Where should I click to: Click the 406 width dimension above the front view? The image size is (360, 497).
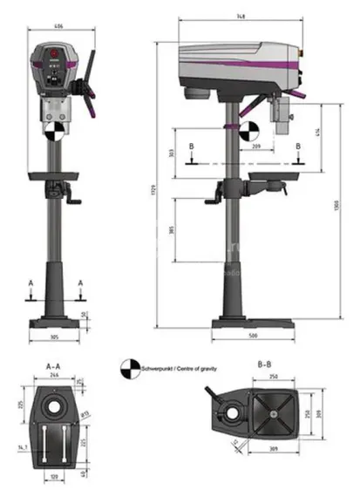[58, 27]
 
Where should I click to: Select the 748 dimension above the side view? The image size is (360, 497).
[238, 17]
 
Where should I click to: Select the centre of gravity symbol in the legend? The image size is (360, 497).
[130, 370]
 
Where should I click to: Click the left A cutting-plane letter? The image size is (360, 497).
[31, 283]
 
